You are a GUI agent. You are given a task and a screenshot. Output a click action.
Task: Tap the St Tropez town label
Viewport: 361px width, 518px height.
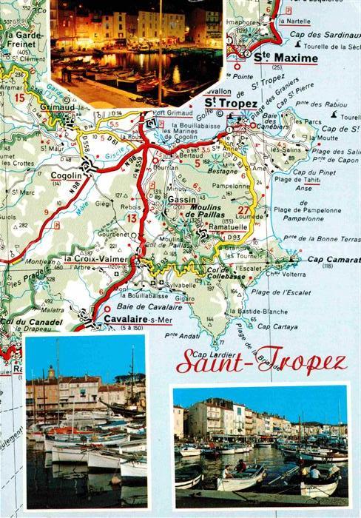[231, 104]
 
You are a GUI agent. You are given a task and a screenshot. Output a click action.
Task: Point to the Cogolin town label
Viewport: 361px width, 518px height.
[67, 175]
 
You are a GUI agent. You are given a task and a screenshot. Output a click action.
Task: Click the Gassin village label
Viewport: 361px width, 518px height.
[180, 201]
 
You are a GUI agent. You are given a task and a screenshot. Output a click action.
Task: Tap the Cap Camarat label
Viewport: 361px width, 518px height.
[333, 260]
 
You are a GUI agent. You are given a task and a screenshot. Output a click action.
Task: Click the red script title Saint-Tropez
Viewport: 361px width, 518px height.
[261, 363]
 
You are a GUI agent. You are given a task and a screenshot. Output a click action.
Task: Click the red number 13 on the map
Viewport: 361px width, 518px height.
[132, 218]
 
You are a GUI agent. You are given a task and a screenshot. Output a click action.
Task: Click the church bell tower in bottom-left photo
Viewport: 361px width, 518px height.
[50, 379]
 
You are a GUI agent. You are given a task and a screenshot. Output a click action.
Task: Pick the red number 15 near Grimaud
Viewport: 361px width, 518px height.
[19, 97]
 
